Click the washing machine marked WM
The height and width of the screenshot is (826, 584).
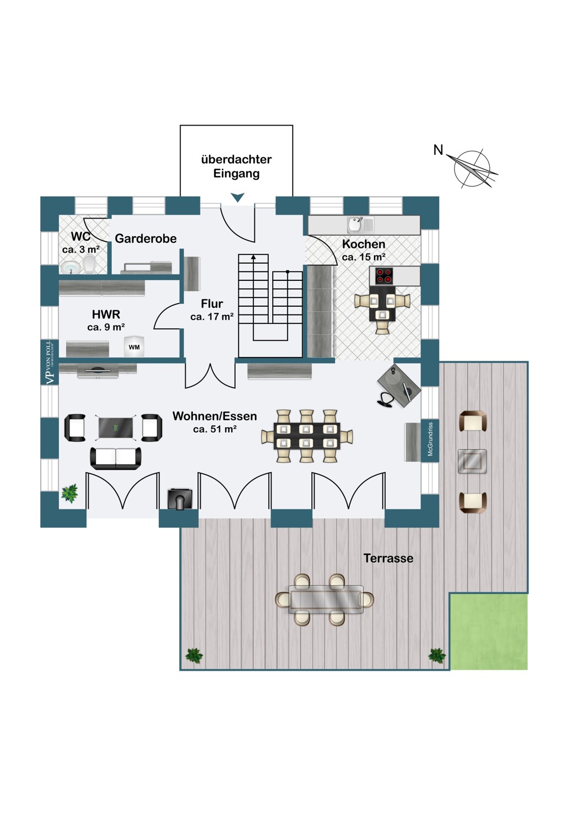134,346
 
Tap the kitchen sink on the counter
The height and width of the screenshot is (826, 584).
360,225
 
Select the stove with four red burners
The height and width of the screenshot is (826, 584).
383,275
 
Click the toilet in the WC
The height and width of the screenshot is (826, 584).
89,265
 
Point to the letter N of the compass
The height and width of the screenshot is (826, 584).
438,150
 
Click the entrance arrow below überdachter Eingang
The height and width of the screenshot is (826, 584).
238,197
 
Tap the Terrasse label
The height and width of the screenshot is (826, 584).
388,558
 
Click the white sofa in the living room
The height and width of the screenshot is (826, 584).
116,458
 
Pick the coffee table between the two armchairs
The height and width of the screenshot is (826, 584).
116,428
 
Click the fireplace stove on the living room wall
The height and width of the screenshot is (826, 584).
180,499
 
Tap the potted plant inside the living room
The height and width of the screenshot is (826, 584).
70,493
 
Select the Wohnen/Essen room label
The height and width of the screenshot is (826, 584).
215,416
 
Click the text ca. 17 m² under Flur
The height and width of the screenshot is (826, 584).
212,317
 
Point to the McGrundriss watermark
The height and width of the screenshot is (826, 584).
430,439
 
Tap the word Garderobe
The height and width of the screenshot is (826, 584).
145,238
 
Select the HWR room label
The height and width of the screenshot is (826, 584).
106,314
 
